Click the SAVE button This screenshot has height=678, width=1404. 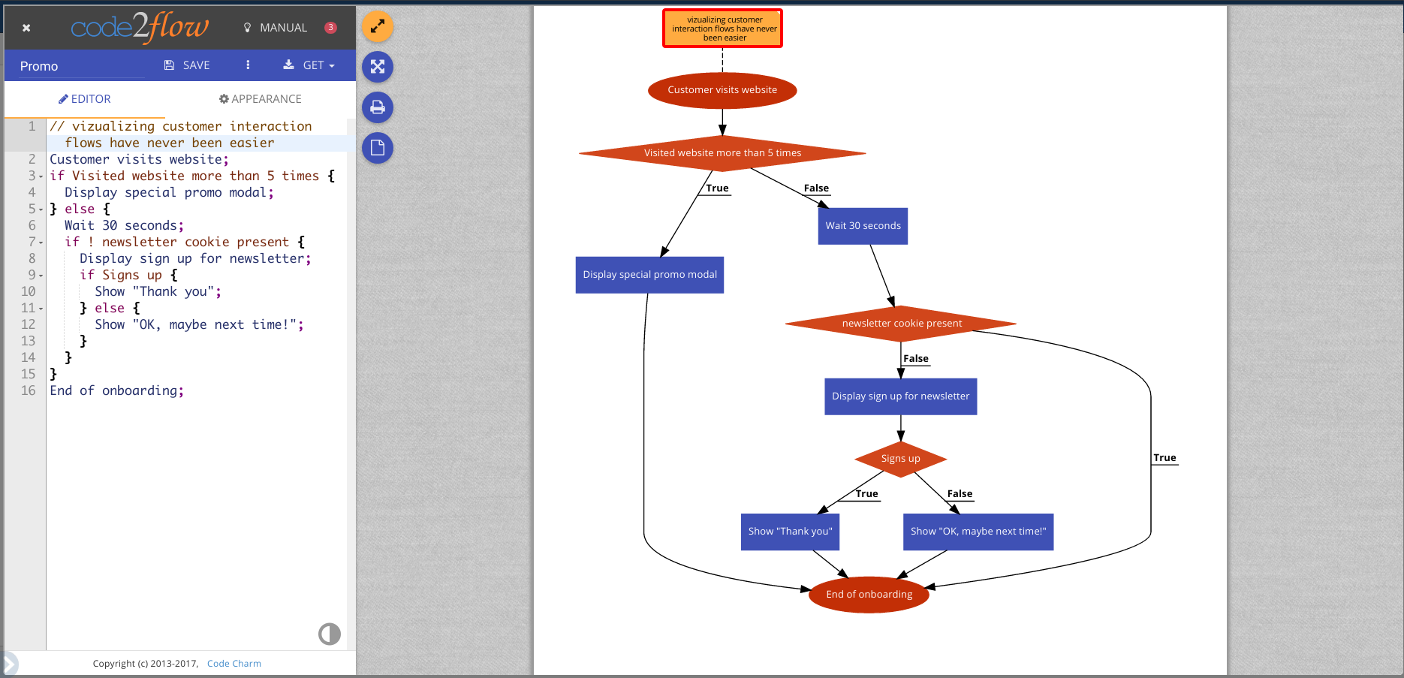click(x=187, y=65)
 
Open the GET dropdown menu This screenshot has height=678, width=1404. click(x=309, y=65)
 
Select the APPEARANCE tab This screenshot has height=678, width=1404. click(x=260, y=99)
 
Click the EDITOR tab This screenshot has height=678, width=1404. click(x=85, y=99)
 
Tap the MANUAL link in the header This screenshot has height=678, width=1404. click(x=276, y=28)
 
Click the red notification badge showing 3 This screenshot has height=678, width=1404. click(x=330, y=28)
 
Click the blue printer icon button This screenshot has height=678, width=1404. click(x=378, y=107)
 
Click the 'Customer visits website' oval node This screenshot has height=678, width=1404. click(x=722, y=90)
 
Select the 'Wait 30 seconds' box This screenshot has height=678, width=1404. click(x=863, y=226)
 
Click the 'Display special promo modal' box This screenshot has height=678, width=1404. click(x=649, y=275)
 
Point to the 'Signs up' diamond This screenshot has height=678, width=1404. click(x=900, y=459)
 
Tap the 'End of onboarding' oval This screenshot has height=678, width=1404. click(x=869, y=595)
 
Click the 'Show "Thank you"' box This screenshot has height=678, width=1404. click(x=790, y=532)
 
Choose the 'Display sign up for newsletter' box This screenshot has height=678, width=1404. click(x=900, y=396)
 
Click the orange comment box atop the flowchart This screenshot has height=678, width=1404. click(x=722, y=29)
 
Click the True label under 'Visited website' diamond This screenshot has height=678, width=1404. click(x=717, y=188)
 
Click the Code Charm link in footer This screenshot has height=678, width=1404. click(x=234, y=664)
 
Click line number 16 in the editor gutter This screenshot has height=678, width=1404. click(x=28, y=390)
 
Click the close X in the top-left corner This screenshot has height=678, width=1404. click(x=26, y=28)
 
